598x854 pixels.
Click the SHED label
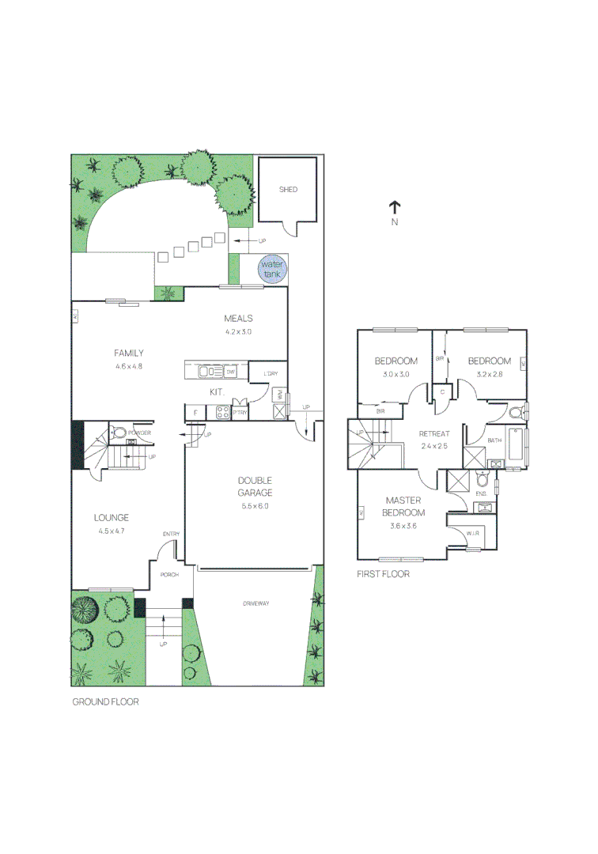point(288,190)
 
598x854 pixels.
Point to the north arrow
point(394,208)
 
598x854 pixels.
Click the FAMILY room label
point(128,353)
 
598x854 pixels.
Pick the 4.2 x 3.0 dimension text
point(237,332)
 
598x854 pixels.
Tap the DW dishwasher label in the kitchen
point(231,372)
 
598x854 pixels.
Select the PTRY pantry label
point(240,412)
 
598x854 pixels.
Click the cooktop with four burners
point(221,412)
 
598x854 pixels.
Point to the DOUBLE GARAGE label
point(255,486)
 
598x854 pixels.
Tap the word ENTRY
point(171,534)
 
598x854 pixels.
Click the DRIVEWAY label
point(255,604)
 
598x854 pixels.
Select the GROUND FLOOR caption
point(105,701)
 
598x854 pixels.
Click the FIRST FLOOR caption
point(384,574)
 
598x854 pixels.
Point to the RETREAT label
point(434,433)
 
